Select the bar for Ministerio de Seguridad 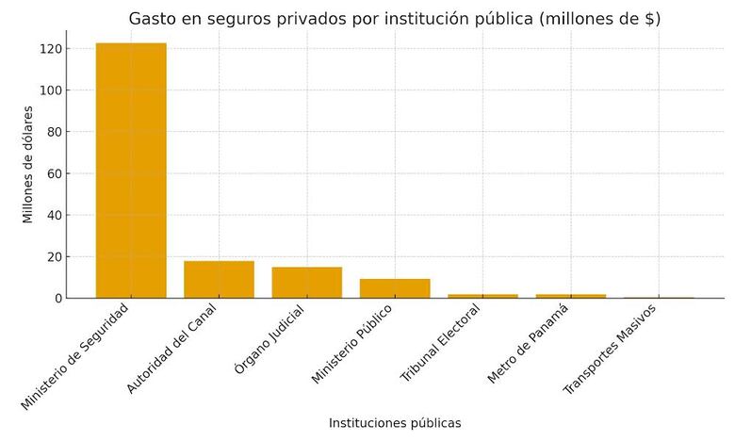coord(131,171)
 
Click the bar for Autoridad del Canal coord(219,280)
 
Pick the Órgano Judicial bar coord(307,283)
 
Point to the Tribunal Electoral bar coord(482,296)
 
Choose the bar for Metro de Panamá coord(571,296)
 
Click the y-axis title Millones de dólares coord(28,164)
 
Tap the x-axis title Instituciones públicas coord(395,423)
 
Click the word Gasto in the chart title coord(154,19)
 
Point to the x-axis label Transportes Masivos coord(611,349)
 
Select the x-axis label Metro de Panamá coord(529,343)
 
